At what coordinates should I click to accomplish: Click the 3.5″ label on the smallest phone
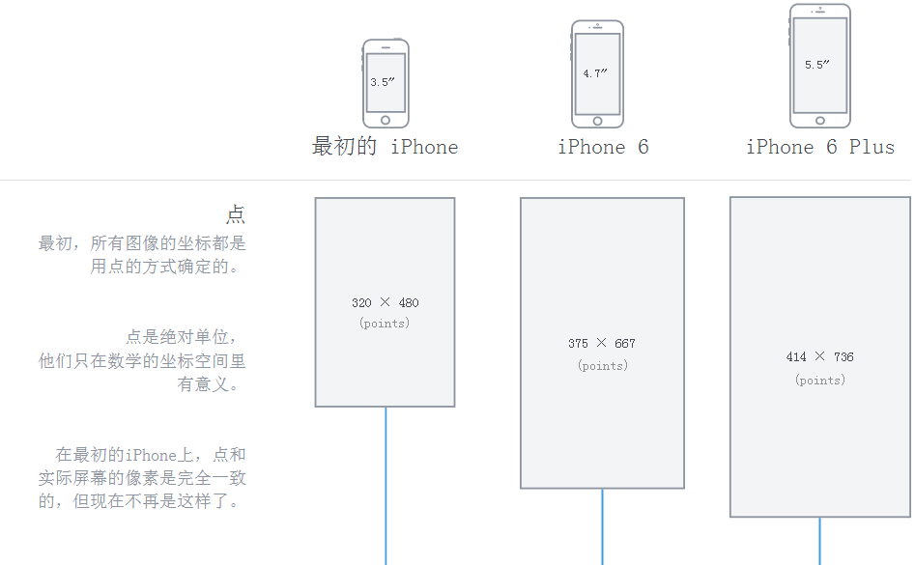click(384, 82)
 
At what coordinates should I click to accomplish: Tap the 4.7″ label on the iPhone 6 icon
click(595, 73)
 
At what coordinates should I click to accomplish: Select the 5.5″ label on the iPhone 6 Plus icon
click(817, 65)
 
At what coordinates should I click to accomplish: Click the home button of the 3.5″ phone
click(386, 120)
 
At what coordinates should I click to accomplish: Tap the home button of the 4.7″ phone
click(597, 121)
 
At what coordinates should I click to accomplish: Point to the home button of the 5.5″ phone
click(820, 121)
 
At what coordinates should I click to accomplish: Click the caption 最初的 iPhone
click(385, 147)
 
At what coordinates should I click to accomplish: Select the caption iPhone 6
click(603, 147)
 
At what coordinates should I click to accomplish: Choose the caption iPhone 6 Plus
click(820, 147)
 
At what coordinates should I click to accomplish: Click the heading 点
click(236, 214)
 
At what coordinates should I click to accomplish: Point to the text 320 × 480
click(386, 302)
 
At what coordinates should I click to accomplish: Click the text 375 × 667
click(602, 343)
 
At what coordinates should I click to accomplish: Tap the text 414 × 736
click(820, 356)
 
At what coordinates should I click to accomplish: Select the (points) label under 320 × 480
click(385, 324)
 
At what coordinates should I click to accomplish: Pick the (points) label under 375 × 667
click(603, 365)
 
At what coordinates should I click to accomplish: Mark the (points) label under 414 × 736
click(820, 380)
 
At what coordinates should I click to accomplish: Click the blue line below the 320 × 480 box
click(386, 483)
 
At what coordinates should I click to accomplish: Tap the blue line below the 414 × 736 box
click(820, 541)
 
